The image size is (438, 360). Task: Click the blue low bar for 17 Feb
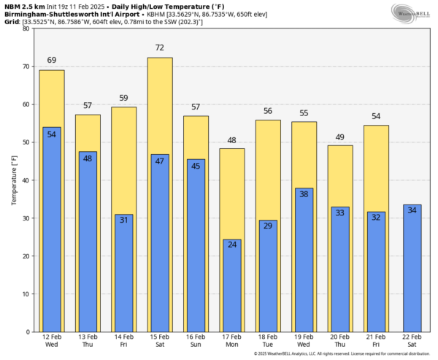(232, 285)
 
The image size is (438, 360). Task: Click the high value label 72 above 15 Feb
(160, 48)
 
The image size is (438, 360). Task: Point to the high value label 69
(52, 60)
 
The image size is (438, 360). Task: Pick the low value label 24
(232, 245)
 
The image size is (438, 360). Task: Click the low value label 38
(304, 194)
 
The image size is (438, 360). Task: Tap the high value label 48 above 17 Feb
(232, 140)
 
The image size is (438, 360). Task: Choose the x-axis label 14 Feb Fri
(124, 341)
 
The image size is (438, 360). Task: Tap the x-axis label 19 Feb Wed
(304, 341)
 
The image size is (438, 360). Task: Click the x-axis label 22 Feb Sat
(413, 341)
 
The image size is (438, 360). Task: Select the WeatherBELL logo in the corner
(413, 12)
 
